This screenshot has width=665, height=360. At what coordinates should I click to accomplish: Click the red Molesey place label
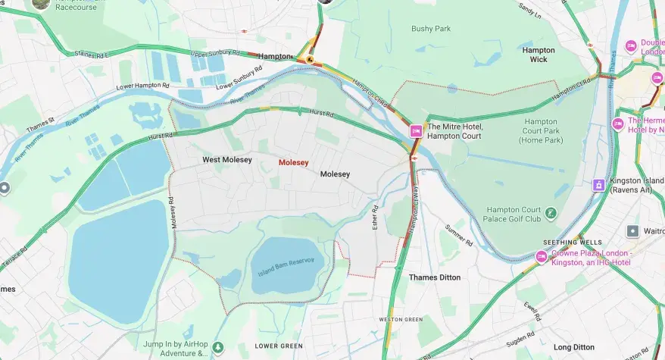click(x=293, y=162)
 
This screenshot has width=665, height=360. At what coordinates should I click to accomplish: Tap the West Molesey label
click(x=226, y=160)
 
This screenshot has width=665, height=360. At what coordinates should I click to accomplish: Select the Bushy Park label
click(x=430, y=29)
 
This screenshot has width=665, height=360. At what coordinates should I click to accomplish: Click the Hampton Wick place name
click(x=539, y=55)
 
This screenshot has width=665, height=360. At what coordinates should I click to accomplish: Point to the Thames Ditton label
click(x=434, y=277)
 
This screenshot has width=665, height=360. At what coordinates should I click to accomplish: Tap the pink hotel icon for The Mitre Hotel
click(x=415, y=131)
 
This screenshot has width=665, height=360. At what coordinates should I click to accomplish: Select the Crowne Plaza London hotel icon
click(x=541, y=258)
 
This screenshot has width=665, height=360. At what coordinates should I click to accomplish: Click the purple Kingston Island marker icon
click(x=598, y=184)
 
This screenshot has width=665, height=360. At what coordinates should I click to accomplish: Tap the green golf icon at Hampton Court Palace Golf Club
click(x=551, y=214)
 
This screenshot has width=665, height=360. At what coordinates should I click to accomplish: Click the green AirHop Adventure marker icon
click(x=217, y=347)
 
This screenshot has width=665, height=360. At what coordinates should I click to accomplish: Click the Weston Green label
click(x=401, y=320)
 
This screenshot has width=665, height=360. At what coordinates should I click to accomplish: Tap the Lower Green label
click(x=279, y=346)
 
